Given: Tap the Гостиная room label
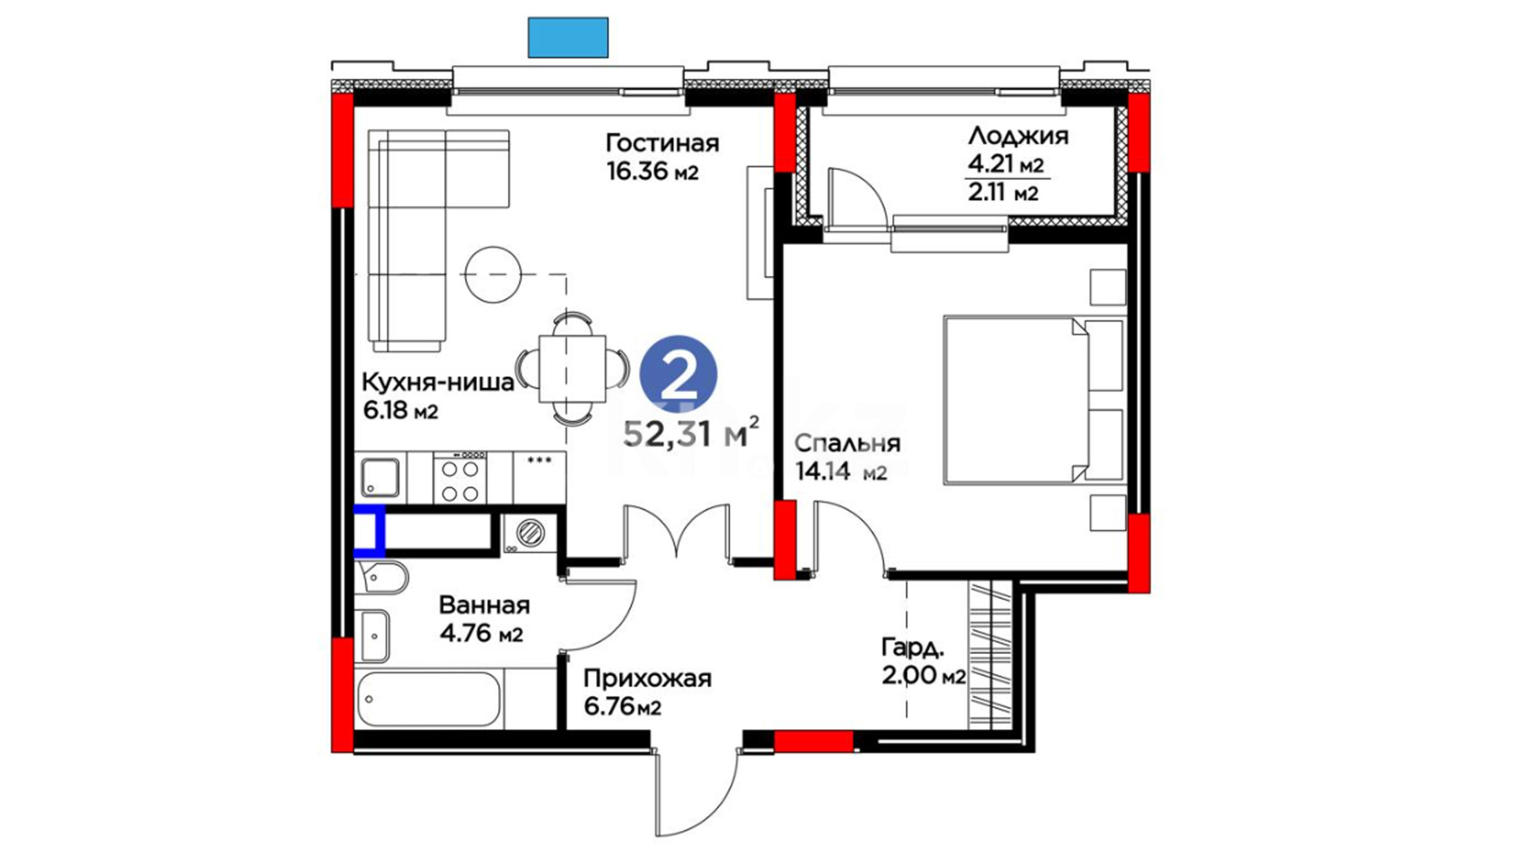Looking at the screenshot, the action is coord(662,143).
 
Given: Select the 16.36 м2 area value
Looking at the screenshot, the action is coord(653,171).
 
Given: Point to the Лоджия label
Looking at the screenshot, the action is coord(1018,136).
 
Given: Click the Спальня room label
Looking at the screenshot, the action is coord(847,443).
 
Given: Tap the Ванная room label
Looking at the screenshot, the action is coord(484,606).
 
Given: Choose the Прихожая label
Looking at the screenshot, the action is coord(648,679).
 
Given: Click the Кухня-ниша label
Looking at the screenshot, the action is coord(438,383).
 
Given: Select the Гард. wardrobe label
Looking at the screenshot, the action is coord(913,649).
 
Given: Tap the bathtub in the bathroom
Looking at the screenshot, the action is coord(427,699).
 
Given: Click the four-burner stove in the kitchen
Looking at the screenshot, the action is coord(460,477).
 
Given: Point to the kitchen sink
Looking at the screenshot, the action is coord(380,477).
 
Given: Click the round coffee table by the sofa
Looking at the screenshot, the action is coord(493,275).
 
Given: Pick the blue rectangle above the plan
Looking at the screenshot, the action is coord(568,37).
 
